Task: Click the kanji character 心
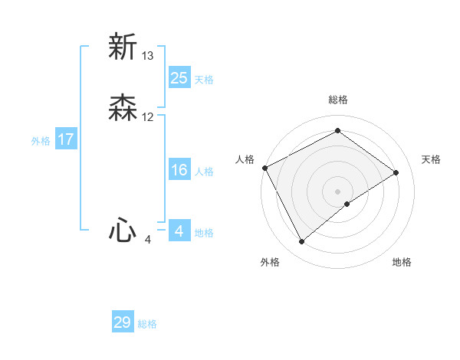123,230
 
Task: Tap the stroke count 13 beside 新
148,55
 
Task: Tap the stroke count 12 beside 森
148,117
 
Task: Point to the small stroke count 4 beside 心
148,240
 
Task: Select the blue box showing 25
179,77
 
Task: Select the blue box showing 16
179,170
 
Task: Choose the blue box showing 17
66,139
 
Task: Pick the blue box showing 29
123,322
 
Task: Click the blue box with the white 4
179,231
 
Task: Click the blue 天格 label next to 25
204,80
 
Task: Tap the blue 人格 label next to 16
204,172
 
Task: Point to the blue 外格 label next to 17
41,141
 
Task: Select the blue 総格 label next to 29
148,324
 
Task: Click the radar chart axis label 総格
337,100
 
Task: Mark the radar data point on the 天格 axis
396,172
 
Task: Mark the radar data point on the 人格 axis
264,167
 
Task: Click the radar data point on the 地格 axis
347,204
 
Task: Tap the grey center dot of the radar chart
337,191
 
